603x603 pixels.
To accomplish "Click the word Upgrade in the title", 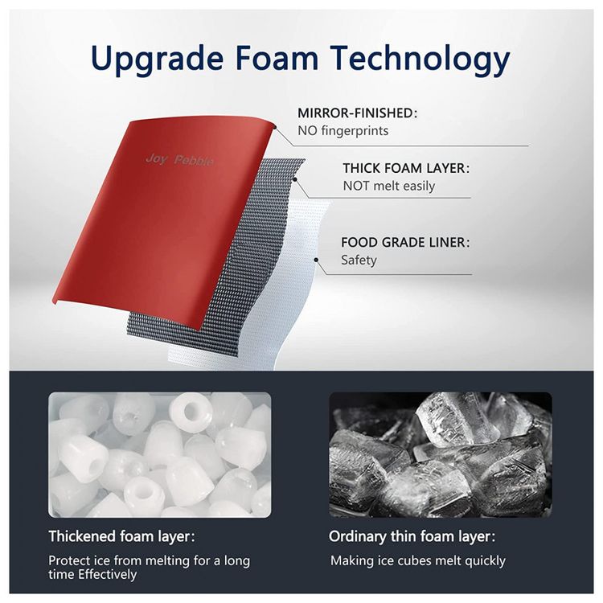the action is (157, 59).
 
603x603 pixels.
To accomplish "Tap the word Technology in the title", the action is (420, 59).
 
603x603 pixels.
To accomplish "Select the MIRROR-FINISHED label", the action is (357, 113).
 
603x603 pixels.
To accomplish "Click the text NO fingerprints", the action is (343, 131).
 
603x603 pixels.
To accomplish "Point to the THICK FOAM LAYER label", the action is (406, 169).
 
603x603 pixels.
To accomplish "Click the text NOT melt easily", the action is (389, 187).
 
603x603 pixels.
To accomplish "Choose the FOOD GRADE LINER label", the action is (405, 242).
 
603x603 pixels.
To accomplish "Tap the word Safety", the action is (359, 260).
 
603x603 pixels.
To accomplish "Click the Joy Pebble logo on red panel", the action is (179, 160).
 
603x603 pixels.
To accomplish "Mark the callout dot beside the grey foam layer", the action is (295, 178).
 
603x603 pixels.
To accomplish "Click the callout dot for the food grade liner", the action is (316, 260).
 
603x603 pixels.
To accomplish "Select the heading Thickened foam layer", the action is (121, 536).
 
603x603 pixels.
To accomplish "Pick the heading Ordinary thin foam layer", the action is (412, 536).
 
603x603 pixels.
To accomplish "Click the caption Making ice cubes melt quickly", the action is (418, 560).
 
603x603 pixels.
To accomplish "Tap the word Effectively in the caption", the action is (107, 575).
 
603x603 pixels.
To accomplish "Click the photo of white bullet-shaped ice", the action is (160, 454).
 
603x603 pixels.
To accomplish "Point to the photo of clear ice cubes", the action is (441, 454).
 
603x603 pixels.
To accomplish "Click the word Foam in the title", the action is (277, 59).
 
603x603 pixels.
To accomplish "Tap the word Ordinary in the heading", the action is (357, 536).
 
